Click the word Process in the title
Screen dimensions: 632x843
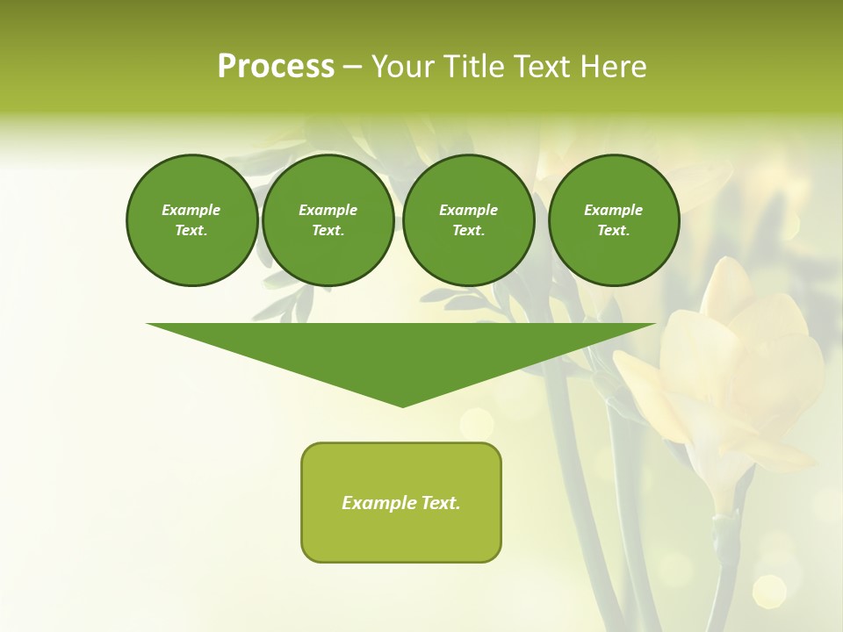[276, 67]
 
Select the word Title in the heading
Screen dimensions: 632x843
[474, 67]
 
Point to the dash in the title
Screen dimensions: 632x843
[353, 68]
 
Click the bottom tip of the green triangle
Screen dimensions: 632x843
[403, 406]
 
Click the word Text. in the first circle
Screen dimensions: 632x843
[191, 231]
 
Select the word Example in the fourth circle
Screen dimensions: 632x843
[614, 210]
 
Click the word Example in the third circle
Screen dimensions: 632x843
[468, 210]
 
